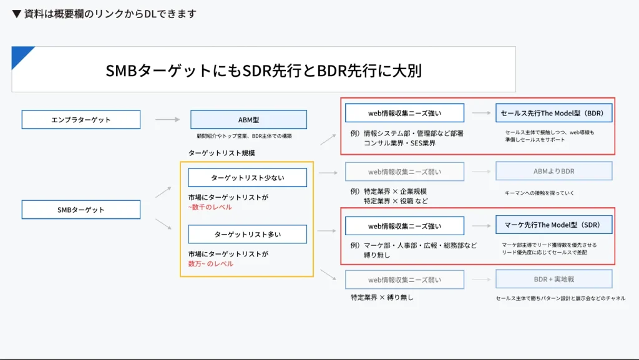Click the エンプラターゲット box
click(x=81, y=119)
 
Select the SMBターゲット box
click(x=81, y=210)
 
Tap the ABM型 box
click(x=248, y=119)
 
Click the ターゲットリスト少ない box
click(x=247, y=177)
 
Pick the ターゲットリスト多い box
click(x=247, y=234)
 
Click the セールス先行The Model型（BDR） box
click(x=554, y=113)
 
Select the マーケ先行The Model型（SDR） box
click(x=554, y=225)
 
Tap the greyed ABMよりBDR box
click(x=554, y=171)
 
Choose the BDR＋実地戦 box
click(x=554, y=279)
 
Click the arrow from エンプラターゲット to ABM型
click(x=168, y=119)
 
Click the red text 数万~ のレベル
click(x=211, y=263)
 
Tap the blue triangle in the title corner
click(x=21, y=55)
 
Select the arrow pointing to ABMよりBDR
click(x=481, y=171)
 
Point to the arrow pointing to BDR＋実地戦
click(x=481, y=279)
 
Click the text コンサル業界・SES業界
click(x=400, y=144)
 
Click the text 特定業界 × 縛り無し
click(x=382, y=298)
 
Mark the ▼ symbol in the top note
click(x=17, y=14)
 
